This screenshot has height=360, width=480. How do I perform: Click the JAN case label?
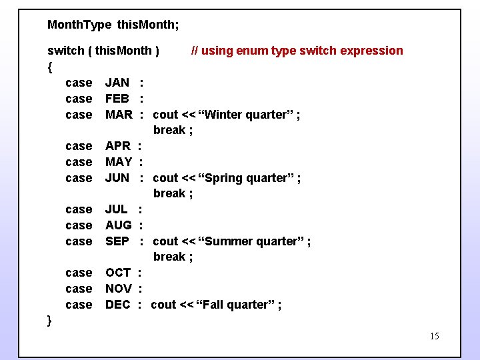click(x=117, y=83)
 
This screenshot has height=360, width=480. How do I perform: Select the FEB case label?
click(x=117, y=99)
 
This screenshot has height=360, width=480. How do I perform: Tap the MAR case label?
click(x=119, y=115)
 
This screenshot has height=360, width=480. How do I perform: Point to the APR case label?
click(x=118, y=146)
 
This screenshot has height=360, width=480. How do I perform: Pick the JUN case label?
click(x=117, y=178)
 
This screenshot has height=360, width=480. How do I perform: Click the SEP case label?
click(x=117, y=241)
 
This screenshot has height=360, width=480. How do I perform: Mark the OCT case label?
click(x=118, y=273)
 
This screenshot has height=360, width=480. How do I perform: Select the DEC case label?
click(x=118, y=305)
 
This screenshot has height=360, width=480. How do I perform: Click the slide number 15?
click(x=434, y=336)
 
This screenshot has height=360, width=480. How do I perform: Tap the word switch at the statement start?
click(x=65, y=51)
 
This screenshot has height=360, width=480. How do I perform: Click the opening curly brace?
click(x=50, y=67)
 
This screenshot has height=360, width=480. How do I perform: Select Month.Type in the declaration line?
click(x=79, y=25)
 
